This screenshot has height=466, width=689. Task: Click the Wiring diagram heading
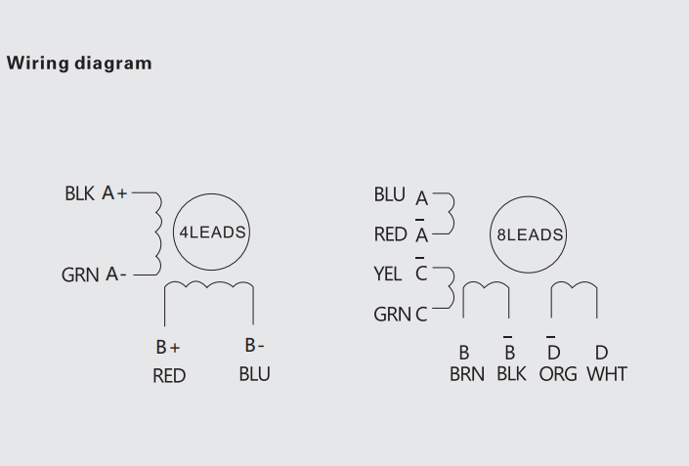pos(79,64)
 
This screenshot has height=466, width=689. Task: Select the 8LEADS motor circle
pos(529,234)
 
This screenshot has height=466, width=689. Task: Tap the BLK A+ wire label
pos(96,193)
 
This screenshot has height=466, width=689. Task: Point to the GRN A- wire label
pos(94,275)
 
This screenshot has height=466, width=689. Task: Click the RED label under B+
pos(169,376)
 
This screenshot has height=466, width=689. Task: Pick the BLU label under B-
pos(255,374)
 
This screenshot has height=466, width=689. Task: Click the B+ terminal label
pos(168,347)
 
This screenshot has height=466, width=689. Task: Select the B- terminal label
pos(255,345)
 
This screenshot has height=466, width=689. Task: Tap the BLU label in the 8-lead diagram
pos(389,194)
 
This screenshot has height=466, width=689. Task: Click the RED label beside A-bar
pos(390,234)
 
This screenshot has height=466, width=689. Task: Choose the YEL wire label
pos(388,275)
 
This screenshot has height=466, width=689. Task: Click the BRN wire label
pos(467,374)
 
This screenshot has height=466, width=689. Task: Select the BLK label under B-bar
pos(511,374)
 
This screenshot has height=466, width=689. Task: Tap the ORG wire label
pos(558,374)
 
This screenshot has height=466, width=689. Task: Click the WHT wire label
pos(607,374)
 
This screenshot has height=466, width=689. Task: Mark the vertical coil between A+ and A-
pos(156,234)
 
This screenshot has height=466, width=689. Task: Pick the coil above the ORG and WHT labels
pos(574,290)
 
